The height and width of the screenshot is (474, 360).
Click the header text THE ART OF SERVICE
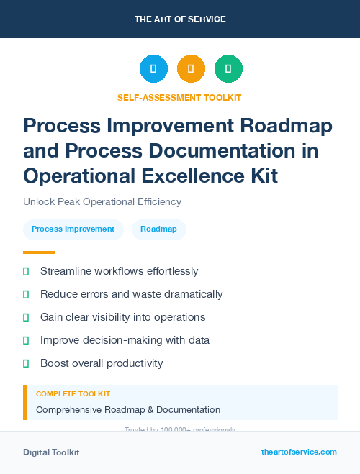click(x=180, y=19)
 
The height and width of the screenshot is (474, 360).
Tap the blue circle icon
click(x=153, y=69)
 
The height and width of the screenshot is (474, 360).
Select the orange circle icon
click(x=191, y=69)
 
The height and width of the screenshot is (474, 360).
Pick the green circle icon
click(x=228, y=69)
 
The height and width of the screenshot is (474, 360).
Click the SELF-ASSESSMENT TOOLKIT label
click(x=179, y=97)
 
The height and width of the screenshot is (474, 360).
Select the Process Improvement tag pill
click(x=73, y=229)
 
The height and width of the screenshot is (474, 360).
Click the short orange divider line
click(x=39, y=252)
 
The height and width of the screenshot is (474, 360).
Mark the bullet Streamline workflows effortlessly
click(x=119, y=271)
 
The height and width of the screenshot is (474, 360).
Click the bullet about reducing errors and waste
click(x=131, y=294)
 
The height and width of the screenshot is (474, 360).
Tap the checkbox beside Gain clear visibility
click(x=26, y=317)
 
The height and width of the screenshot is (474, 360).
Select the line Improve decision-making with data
click(x=125, y=340)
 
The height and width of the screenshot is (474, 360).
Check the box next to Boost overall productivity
click(x=26, y=363)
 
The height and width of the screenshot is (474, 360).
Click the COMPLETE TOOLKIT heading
click(x=73, y=394)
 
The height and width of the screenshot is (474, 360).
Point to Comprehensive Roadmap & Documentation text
click(x=128, y=409)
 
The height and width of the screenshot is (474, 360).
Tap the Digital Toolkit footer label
click(x=51, y=452)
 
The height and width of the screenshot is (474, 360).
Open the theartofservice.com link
click(x=299, y=452)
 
